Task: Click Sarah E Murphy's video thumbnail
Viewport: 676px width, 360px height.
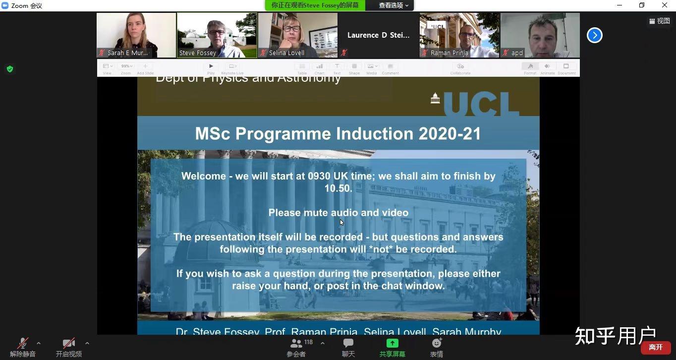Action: pyautogui.click(x=136, y=35)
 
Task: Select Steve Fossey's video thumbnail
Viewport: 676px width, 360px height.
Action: pyautogui.click(x=217, y=35)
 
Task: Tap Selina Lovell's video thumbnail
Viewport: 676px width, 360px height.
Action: pyautogui.click(x=298, y=35)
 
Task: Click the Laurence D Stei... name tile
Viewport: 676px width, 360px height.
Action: pyautogui.click(x=379, y=35)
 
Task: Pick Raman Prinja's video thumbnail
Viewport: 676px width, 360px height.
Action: pyautogui.click(x=459, y=35)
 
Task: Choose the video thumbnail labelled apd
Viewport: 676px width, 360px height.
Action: pyautogui.click(x=540, y=35)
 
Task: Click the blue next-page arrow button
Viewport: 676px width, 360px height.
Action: pyautogui.click(x=594, y=35)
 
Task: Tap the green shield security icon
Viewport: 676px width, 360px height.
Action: pyautogui.click(x=10, y=69)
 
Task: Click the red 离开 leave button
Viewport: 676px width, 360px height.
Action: pyautogui.click(x=656, y=347)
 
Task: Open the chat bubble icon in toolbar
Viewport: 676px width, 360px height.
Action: pyautogui.click(x=348, y=343)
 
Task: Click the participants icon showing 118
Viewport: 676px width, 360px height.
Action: pyautogui.click(x=296, y=343)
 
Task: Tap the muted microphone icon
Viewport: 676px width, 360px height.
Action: pyautogui.click(x=23, y=343)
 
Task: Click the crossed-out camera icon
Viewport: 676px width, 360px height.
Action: pyautogui.click(x=69, y=343)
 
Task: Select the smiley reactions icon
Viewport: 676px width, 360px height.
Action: pyautogui.click(x=437, y=343)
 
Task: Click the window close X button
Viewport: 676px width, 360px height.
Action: pyautogui.click(x=665, y=5)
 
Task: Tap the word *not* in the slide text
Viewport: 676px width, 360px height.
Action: pyautogui.click(x=381, y=249)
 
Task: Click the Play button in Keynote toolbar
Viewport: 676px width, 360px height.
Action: pyautogui.click(x=211, y=66)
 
